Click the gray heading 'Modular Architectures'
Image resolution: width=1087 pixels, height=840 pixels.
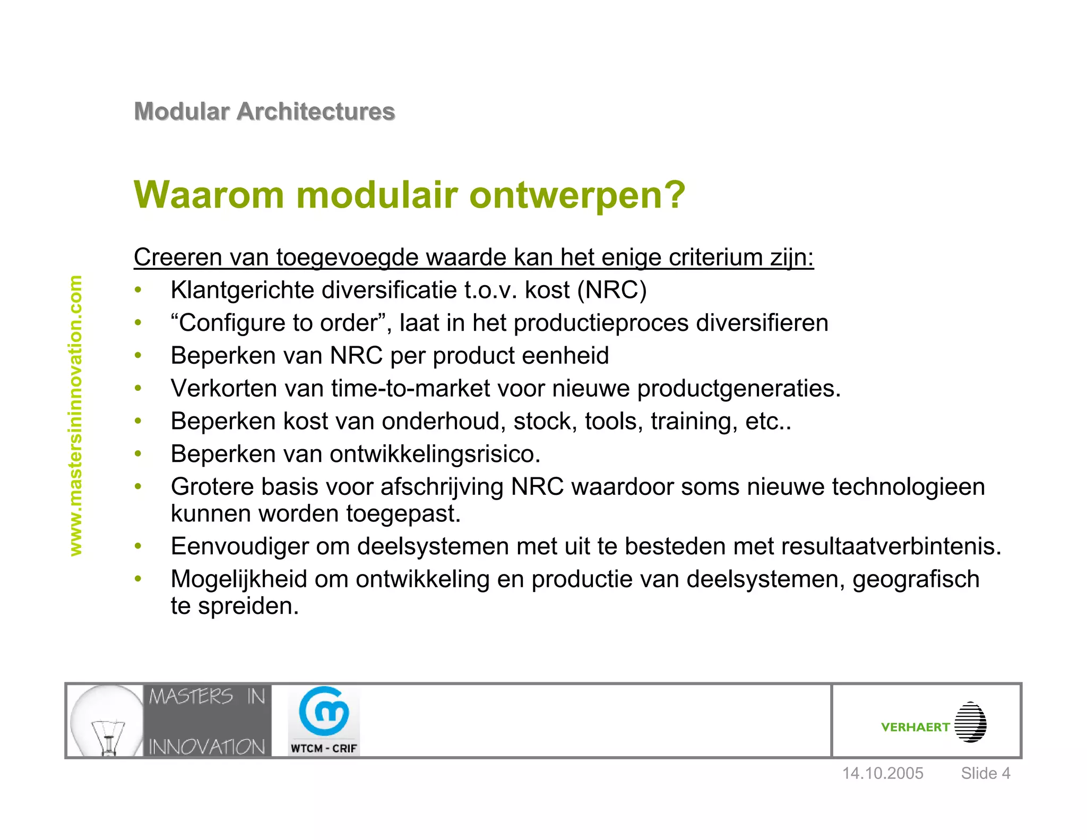pos(264,112)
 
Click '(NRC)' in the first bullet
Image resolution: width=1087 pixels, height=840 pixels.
pos(612,290)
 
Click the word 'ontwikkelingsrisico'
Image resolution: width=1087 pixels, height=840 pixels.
pos(434,454)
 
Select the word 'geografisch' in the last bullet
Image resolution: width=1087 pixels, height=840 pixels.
pos(916,579)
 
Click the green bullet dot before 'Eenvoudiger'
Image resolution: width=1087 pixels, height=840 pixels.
pos(138,546)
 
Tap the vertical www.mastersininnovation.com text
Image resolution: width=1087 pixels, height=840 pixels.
pos(76,416)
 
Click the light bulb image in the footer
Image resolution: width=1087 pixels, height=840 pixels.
pos(106,721)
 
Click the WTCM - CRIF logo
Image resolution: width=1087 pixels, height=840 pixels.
pos(324,721)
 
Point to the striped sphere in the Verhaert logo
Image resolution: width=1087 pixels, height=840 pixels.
pos(970,722)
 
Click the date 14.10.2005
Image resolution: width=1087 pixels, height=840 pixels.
pos(883,773)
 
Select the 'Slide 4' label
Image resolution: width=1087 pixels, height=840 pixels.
pos(985,773)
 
